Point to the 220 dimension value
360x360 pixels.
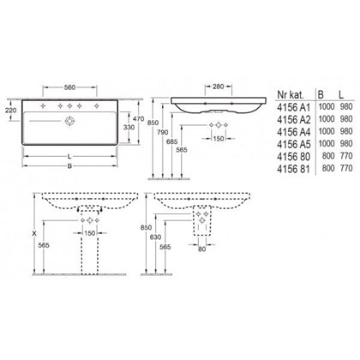[10, 109]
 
